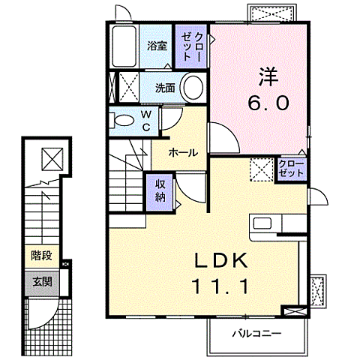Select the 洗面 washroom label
point(165,88)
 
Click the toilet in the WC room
point(121,118)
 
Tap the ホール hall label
point(183,152)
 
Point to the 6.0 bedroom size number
point(268,103)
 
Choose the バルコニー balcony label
point(255,331)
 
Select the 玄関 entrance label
point(41,282)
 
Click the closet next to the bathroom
point(193,46)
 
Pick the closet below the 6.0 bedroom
point(291,167)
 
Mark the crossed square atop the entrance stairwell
point(51,158)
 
